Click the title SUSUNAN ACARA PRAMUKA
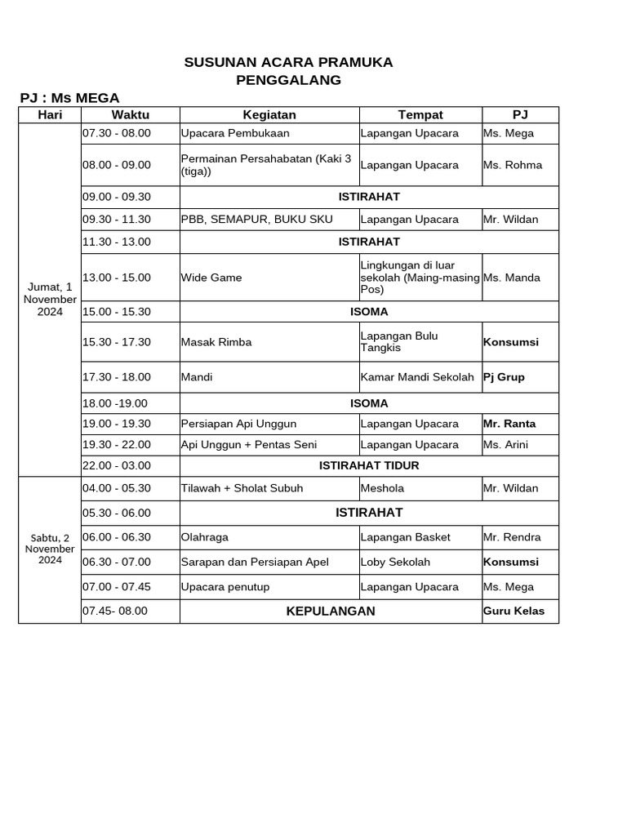click(x=288, y=62)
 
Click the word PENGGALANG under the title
click(x=288, y=80)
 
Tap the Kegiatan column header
click(x=269, y=115)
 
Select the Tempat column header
click(x=420, y=115)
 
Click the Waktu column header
click(x=131, y=115)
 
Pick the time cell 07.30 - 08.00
click(x=117, y=133)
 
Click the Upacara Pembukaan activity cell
click(x=235, y=133)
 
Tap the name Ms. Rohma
click(x=512, y=165)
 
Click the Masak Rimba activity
click(x=216, y=342)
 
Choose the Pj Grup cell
click(x=504, y=377)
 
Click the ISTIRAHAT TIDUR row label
click(x=369, y=465)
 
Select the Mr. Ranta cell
click(x=509, y=424)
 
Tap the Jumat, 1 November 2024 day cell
click(x=50, y=299)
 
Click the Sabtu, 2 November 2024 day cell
click(x=50, y=549)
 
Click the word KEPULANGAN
click(x=331, y=611)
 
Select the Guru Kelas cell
click(x=514, y=611)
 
